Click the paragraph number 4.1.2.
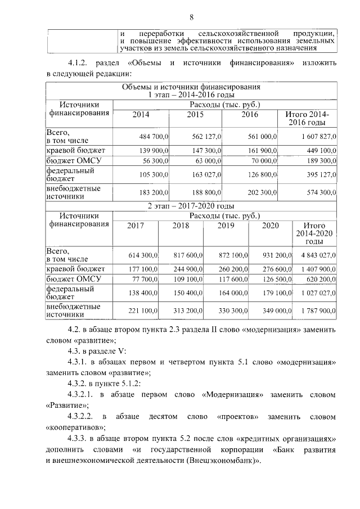pyautogui.click(x=78, y=62)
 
